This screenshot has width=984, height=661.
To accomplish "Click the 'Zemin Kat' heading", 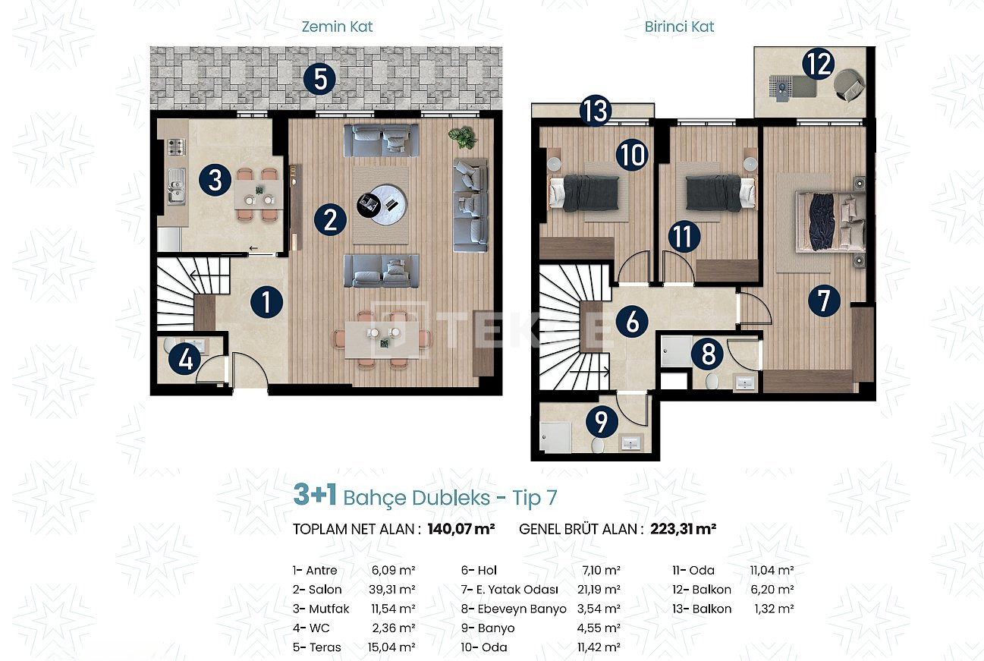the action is tap(337, 27).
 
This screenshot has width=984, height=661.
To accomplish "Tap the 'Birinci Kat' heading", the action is tap(679, 27).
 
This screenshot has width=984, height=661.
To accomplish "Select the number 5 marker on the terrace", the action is tap(320, 79).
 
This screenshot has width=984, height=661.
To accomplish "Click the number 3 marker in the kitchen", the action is tap(215, 180).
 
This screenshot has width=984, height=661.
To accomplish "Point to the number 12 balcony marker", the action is tap(819, 65).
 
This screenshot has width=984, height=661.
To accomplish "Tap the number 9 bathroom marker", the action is tap(602, 421).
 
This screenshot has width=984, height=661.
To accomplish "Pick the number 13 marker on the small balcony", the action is tap(596, 111).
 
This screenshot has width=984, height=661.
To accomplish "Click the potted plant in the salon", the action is tap(462, 137).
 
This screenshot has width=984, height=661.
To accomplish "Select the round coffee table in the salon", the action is tap(382, 205).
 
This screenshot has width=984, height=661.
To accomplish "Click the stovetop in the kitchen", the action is tap(176, 146).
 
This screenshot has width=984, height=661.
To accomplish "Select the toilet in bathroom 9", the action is tap(597, 445).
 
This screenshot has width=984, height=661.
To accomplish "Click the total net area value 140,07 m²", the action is tap(461, 529).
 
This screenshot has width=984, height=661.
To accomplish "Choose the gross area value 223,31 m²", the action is tap(683, 529).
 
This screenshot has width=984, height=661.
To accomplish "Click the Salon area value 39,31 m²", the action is tap(391, 590).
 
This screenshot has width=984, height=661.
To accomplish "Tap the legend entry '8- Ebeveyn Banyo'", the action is tap(514, 609).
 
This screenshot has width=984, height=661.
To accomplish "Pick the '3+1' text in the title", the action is tap(315, 495).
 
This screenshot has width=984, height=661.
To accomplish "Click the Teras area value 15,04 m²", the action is tap(391, 647).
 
